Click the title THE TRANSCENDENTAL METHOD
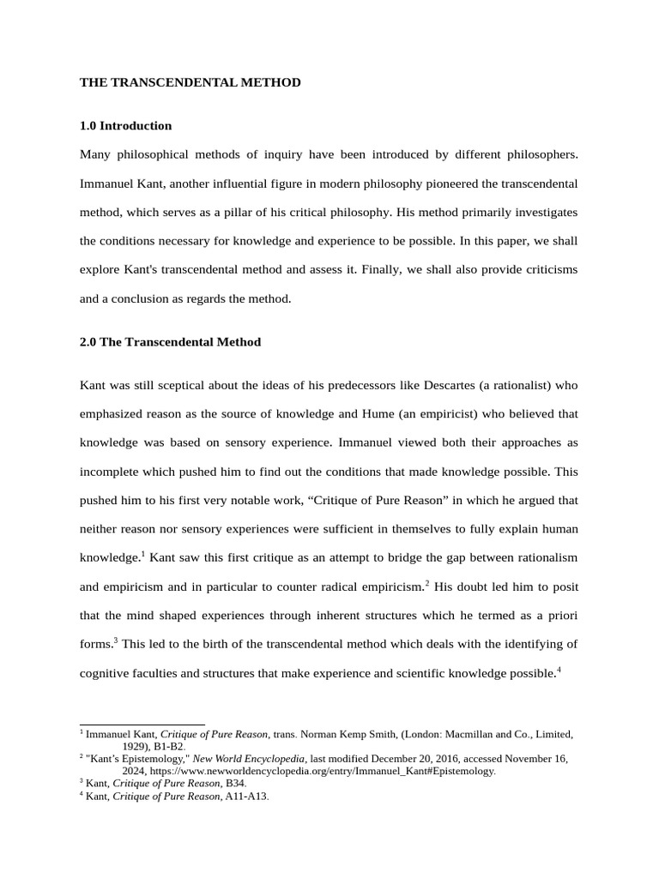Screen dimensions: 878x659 pyautogui.click(x=190, y=82)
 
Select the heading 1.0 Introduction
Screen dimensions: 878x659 pyautogui.click(x=125, y=126)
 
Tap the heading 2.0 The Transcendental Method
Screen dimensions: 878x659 pyautogui.click(x=170, y=342)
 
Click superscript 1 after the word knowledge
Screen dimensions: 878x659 pyautogui.click(x=142, y=553)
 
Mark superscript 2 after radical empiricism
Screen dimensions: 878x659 pyautogui.click(x=426, y=581)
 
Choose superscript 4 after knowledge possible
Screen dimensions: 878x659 pyautogui.click(x=559, y=669)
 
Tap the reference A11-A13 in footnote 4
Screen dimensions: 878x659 pyautogui.click(x=245, y=796)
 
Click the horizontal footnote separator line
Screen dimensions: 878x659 pyautogui.click(x=142, y=725)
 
